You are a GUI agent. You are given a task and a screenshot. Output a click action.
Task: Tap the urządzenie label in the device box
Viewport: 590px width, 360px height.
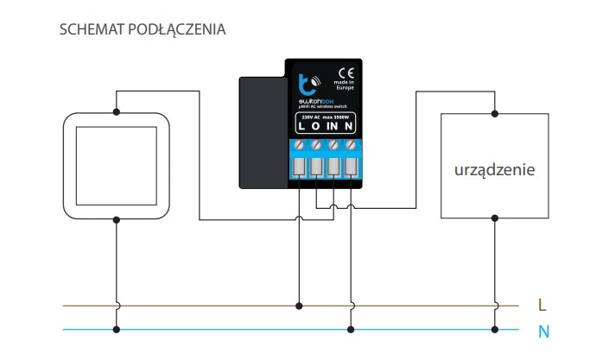[x=494, y=170]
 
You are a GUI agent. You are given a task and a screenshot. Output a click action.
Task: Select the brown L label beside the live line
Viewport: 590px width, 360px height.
[x=542, y=305]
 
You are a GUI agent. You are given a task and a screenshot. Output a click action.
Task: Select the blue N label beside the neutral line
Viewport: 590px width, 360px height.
[x=542, y=330]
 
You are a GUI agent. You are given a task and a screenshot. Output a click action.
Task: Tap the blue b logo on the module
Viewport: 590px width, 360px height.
[x=305, y=84]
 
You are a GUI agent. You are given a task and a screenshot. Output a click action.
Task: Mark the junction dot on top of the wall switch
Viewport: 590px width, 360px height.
[x=116, y=111]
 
